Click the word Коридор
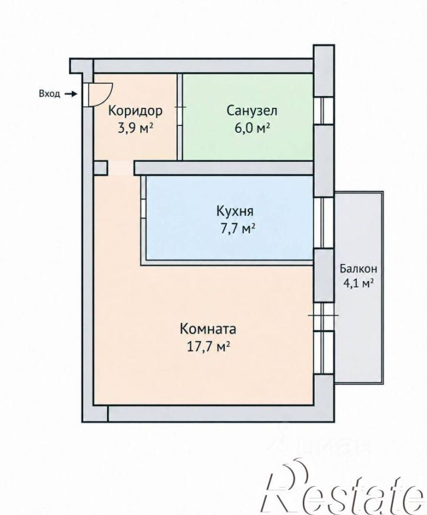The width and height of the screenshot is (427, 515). point(135,111)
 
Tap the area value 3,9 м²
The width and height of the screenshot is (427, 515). point(135,128)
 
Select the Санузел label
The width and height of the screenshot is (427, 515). point(251,111)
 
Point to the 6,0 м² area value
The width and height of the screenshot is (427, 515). point(252,128)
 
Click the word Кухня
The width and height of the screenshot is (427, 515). point(235,211)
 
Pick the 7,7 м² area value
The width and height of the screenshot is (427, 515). point(238,229)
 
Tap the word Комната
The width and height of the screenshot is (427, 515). point(208,329)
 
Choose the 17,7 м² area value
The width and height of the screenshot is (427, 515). point(208,347)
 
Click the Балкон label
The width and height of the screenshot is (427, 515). point(358,269)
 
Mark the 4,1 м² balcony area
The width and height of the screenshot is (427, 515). point(359,283)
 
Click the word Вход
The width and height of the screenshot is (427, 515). point(49,94)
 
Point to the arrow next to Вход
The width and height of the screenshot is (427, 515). point(70,94)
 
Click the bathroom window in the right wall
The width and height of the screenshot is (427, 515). point(324,111)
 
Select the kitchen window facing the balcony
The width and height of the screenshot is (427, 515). point(324,223)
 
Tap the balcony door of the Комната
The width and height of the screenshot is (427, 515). point(323,316)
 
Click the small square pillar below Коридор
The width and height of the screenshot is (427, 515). point(101,167)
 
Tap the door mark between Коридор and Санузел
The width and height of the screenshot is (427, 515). point(180,107)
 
